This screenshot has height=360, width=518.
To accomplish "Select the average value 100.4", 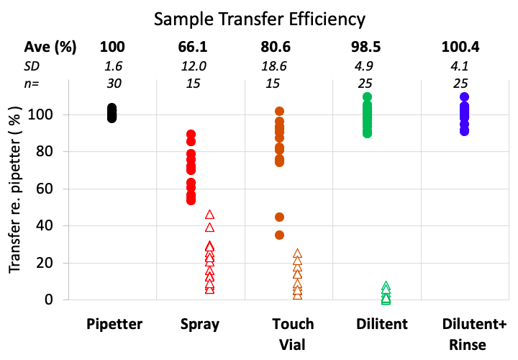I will tap(460, 48).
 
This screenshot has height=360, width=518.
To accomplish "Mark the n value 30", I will tap(112, 84).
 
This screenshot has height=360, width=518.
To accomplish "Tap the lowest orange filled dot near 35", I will tap(280, 235).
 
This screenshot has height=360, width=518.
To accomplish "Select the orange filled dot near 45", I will tap(280, 217).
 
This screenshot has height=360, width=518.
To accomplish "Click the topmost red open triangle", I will tap(209, 215).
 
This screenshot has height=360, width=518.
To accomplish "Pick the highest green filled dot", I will tap(367, 96).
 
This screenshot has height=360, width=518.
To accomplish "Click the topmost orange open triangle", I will tap(297, 253).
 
